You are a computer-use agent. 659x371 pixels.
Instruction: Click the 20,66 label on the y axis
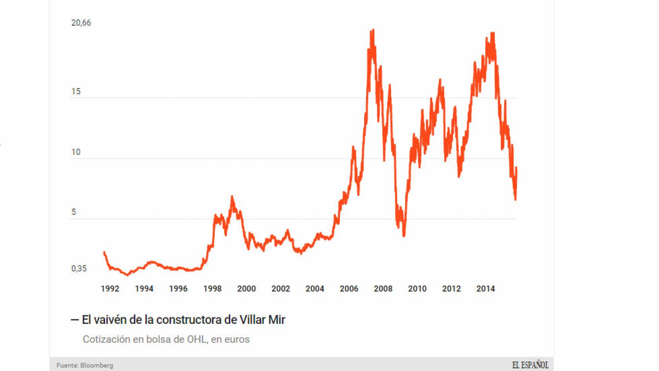tap(81, 23)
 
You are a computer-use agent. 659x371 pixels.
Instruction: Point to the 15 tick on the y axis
tap(76, 92)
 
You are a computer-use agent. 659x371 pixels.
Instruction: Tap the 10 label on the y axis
tap(76, 152)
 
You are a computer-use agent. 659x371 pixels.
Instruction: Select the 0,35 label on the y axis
tap(79, 269)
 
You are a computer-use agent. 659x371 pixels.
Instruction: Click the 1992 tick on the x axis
tap(110, 289)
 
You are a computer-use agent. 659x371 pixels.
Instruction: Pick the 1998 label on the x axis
tap(212, 289)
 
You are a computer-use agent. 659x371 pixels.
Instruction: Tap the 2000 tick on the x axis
tap(246, 289)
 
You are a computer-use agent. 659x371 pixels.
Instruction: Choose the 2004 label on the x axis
tap(315, 289)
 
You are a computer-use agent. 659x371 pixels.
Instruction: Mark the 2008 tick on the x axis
tap(383, 289)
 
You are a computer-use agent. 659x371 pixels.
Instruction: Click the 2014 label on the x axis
tap(486, 289)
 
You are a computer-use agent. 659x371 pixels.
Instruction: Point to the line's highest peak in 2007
tap(372, 30)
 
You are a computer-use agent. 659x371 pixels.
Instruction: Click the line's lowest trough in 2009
tap(404, 235)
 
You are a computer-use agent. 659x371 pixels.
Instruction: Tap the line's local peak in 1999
tap(232, 197)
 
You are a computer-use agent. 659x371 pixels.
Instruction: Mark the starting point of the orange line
tap(104, 252)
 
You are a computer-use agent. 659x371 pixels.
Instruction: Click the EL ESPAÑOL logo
tap(530, 365)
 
